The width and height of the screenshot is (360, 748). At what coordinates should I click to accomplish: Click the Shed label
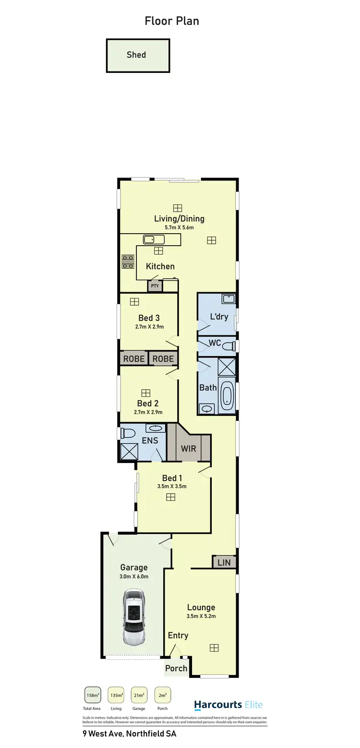pos(136,55)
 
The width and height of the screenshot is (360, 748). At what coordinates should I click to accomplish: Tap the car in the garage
pos(133,617)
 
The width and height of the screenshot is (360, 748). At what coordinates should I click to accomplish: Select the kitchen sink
pos(154,239)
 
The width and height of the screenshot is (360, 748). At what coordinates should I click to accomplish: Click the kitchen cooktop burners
pos(128,261)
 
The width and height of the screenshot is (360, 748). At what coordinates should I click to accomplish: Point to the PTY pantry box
pos(155,286)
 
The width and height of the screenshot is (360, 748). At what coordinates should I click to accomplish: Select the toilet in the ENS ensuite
pos(127,433)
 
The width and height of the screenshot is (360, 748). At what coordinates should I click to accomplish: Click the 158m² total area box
pos(93,695)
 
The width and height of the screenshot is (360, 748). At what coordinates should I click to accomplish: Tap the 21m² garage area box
pos(139,695)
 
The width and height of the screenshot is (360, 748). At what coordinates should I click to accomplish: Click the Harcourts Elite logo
pos(228,705)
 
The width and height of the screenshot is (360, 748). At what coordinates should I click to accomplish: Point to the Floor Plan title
pos(172,21)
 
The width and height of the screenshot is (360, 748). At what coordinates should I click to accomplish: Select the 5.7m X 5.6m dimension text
pos(179,227)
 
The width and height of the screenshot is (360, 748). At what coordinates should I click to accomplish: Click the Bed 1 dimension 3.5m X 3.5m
pos(172,486)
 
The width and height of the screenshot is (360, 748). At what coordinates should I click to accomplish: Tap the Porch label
pos(176,668)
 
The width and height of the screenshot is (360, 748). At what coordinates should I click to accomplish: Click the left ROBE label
pos(134,358)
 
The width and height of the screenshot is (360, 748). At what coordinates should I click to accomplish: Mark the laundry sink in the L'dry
pos(228,299)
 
